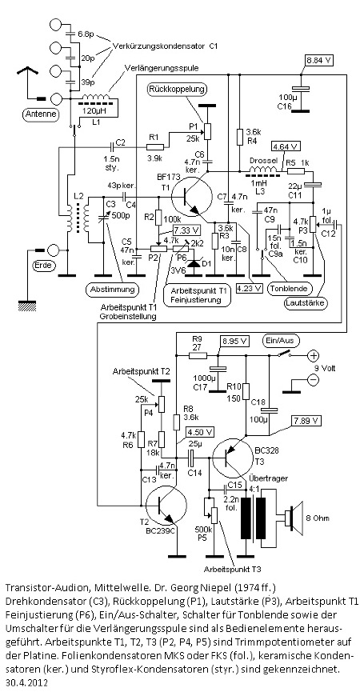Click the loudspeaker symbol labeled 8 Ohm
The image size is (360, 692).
(x=294, y=517)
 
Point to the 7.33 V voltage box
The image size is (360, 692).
(x=186, y=230)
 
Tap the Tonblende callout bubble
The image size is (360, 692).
(x=290, y=289)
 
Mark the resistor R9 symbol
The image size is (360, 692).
(x=197, y=355)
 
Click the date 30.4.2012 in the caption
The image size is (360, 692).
(x=26, y=682)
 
